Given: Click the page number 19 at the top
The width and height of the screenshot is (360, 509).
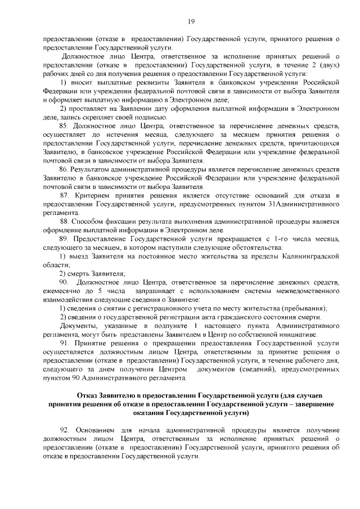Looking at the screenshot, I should [x=191, y=21].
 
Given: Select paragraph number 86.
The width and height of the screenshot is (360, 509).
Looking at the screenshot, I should [x=65, y=169].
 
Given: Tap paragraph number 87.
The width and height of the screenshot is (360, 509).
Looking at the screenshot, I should [x=65, y=195].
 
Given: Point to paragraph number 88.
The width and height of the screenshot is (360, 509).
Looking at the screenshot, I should [x=65, y=221].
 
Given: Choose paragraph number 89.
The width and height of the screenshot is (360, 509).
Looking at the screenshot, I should [x=65, y=238].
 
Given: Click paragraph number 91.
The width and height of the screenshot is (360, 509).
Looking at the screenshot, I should [x=65, y=343].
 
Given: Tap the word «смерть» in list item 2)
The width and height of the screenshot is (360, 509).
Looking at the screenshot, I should [x=80, y=273].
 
